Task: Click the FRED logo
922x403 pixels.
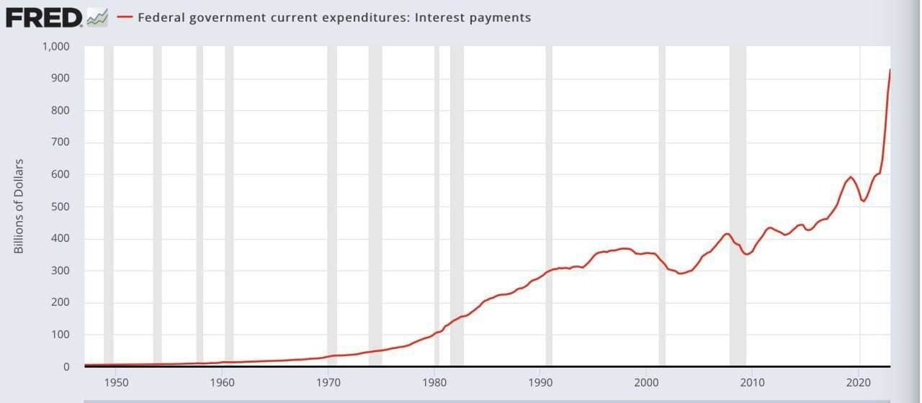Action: tap(45, 17)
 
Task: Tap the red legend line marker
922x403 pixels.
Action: tap(125, 17)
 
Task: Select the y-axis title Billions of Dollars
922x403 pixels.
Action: tap(19, 206)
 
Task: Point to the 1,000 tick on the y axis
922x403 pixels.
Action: tap(55, 47)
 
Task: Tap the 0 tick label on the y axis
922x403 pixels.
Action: tap(66, 366)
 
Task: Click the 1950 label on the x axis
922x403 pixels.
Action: tap(116, 381)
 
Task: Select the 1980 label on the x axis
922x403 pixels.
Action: tap(434, 381)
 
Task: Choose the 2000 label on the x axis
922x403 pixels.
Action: tap(647, 381)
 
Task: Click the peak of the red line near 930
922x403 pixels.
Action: tap(890, 70)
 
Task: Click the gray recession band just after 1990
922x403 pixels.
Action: tap(549, 144)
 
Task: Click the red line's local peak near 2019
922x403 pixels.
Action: tap(851, 177)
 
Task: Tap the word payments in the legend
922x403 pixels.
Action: tap(497, 17)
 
